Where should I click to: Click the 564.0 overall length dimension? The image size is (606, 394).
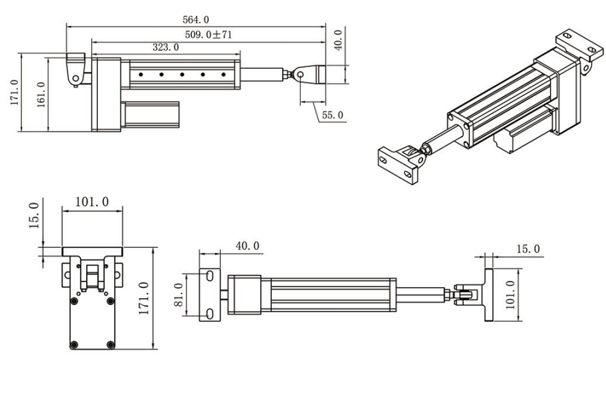click(x=196, y=19)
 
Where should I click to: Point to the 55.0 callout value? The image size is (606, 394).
click(x=332, y=115)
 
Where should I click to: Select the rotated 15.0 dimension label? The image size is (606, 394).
click(x=33, y=214)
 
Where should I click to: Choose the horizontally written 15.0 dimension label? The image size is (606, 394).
click(x=528, y=249)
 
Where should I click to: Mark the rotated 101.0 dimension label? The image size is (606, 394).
click(x=511, y=294)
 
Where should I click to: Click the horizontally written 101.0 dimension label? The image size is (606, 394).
click(x=92, y=201)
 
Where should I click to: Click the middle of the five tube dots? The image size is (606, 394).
click(x=182, y=75)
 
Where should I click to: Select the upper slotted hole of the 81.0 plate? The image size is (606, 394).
click(x=210, y=276)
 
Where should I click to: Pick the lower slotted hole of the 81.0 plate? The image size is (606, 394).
click(x=210, y=314)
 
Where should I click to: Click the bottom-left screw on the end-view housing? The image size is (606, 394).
click(x=75, y=344)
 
